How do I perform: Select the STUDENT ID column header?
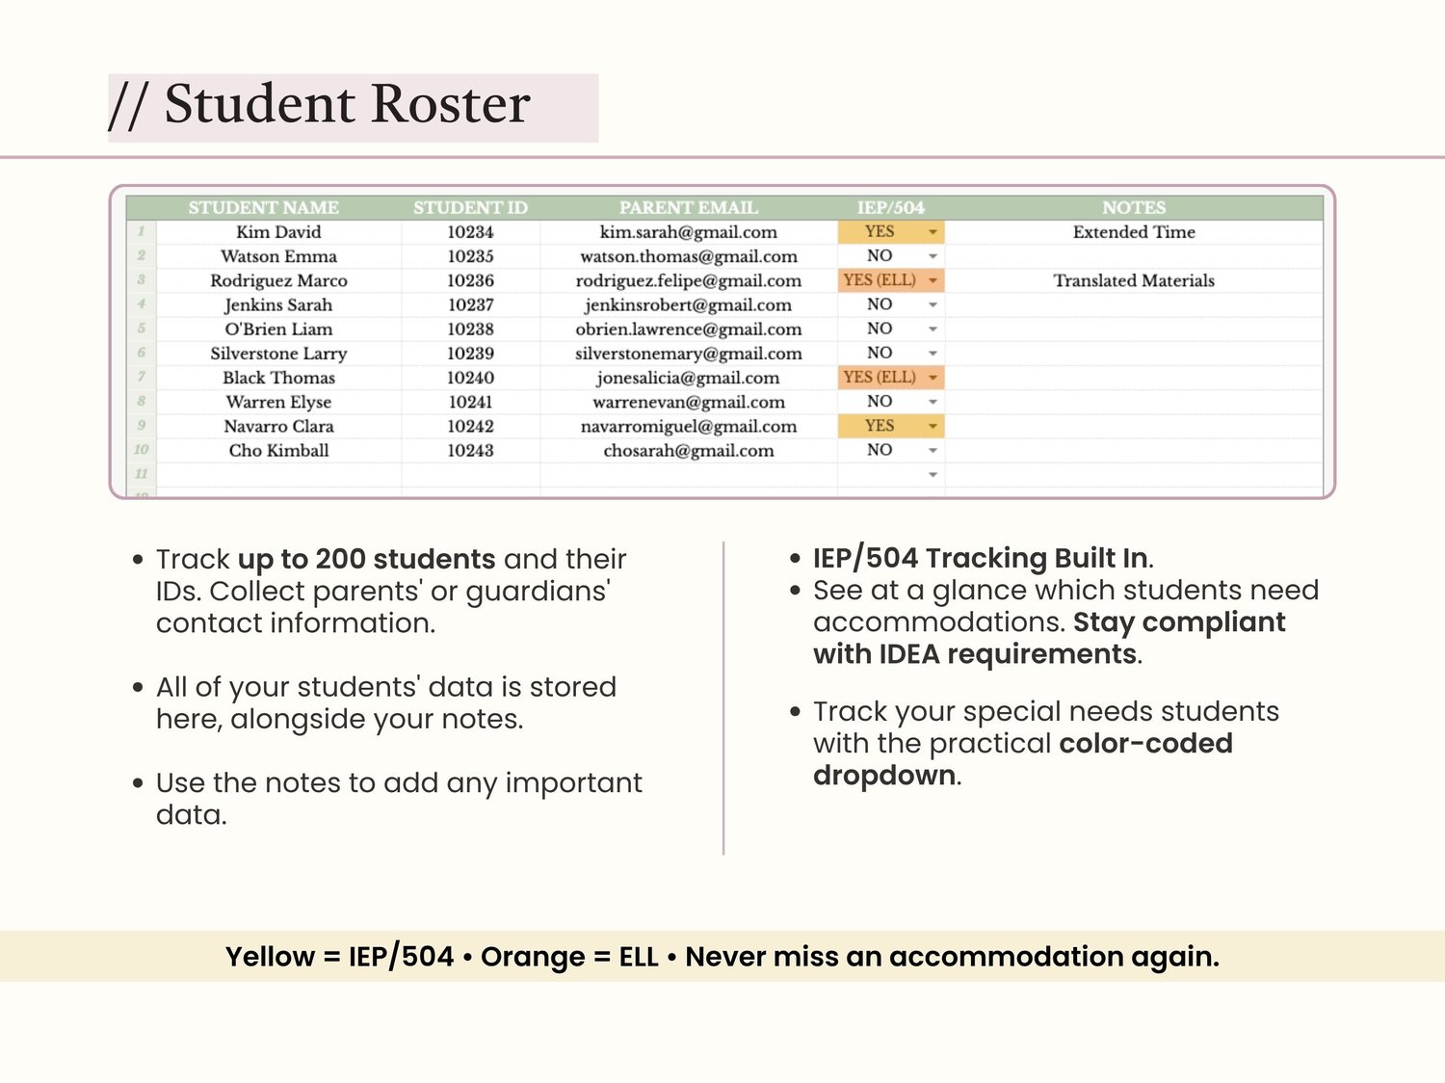[x=470, y=208]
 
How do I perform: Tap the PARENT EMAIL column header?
[x=689, y=208]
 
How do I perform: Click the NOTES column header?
[x=1134, y=208]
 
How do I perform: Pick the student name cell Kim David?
[x=278, y=232]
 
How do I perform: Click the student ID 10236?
[x=470, y=280]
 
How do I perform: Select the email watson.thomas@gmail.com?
[x=689, y=256]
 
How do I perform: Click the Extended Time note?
[x=1134, y=232]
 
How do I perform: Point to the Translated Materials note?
[x=1134, y=280]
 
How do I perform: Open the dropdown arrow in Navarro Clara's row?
[x=933, y=427]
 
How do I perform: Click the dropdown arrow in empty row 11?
[x=933, y=475]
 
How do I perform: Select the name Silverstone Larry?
[x=278, y=354]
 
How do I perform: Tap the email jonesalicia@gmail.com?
[x=688, y=378]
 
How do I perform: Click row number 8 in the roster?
[x=141, y=401]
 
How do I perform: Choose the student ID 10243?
[x=470, y=450]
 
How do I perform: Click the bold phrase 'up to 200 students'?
[x=366, y=560]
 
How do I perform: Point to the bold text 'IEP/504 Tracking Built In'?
[x=981, y=558]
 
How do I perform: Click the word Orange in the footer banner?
[x=533, y=957]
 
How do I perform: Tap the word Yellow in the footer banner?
[x=270, y=957]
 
